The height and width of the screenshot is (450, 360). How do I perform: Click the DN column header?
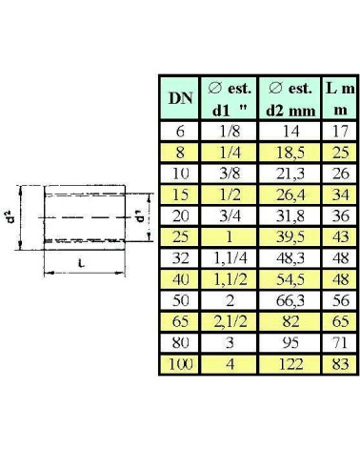tap(180, 98)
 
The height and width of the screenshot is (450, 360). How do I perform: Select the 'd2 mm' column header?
tap(290, 99)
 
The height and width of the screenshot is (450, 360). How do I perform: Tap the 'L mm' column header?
tap(340, 99)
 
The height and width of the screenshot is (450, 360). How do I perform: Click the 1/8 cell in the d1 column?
tap(230, 131)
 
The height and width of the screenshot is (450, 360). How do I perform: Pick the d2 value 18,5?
tap(290, 153)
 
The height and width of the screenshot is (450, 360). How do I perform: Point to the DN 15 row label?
tap(180, 194)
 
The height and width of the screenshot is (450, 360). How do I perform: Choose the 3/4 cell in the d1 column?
tap(230, 215)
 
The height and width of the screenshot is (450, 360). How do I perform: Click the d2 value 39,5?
tap(290, 236)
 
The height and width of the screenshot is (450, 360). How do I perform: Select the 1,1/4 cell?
tap(230, 258)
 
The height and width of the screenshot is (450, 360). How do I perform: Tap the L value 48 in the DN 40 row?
tap(340, 279)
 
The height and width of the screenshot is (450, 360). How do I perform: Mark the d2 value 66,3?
tap(290, 300)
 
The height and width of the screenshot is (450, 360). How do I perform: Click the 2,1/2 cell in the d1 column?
tap(230, 321)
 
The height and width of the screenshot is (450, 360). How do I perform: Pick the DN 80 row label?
tap(180, 343)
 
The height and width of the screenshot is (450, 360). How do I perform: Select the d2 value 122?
tap(290, 364)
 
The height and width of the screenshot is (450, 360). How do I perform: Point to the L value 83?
tap(340, 364)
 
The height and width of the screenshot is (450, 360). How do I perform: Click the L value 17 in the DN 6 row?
tap(340, 131)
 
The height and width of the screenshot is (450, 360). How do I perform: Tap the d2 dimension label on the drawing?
tap(11, 216)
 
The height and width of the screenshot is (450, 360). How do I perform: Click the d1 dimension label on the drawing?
tap(140, 216)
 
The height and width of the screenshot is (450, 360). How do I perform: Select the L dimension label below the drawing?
tap(82, 263)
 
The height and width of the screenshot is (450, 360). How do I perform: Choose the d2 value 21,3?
tap(290, 174)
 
